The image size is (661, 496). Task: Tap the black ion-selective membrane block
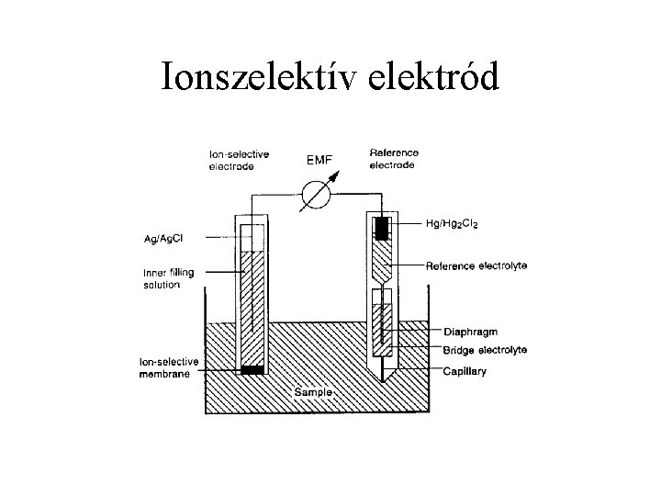251,370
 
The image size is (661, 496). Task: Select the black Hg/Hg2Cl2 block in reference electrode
381,226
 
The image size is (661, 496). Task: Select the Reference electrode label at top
393,159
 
